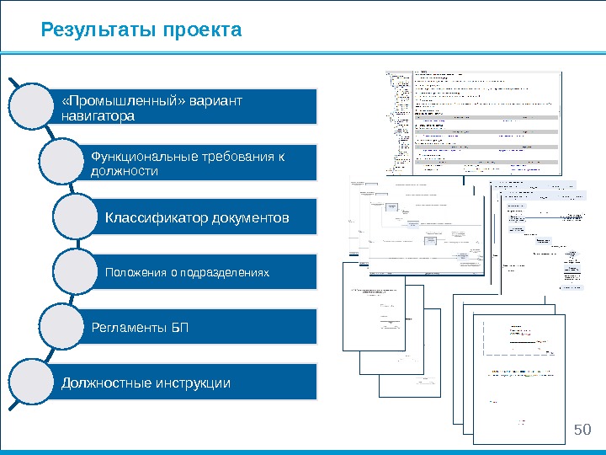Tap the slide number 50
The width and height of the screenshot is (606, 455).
click(582, 431)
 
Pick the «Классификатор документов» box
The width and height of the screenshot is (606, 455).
click(206, 218)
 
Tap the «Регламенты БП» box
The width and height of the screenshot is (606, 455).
click(202, 327)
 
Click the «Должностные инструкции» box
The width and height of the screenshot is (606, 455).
click(189, 383)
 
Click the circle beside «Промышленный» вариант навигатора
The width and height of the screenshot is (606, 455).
click(36, 106)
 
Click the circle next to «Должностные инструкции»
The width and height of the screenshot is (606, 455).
click(36, 383)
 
